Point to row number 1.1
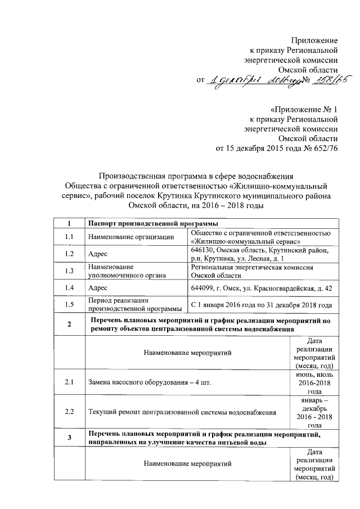[69, 237]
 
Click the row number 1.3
[69, 271]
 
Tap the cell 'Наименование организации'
[127, 237]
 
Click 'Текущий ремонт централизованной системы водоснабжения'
[182, 412]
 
